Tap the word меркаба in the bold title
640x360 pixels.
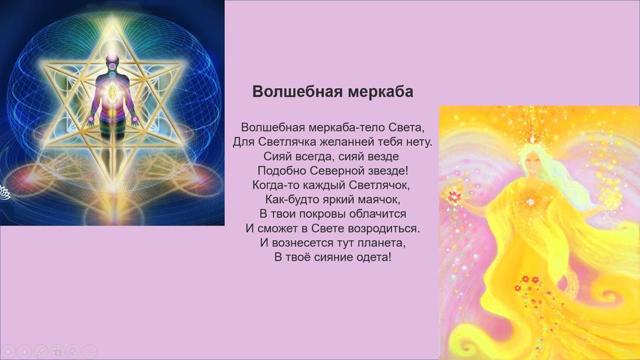(x=381, y=91)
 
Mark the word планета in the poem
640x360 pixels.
(x=382, y=243)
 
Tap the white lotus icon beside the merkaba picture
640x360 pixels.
(x=4, y=192)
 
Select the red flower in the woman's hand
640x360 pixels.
(x=454, y=197)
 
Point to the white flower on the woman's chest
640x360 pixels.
(x=531, y=201)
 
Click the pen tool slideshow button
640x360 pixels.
(x=41, y=351)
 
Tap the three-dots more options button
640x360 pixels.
(x=90, y=351)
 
